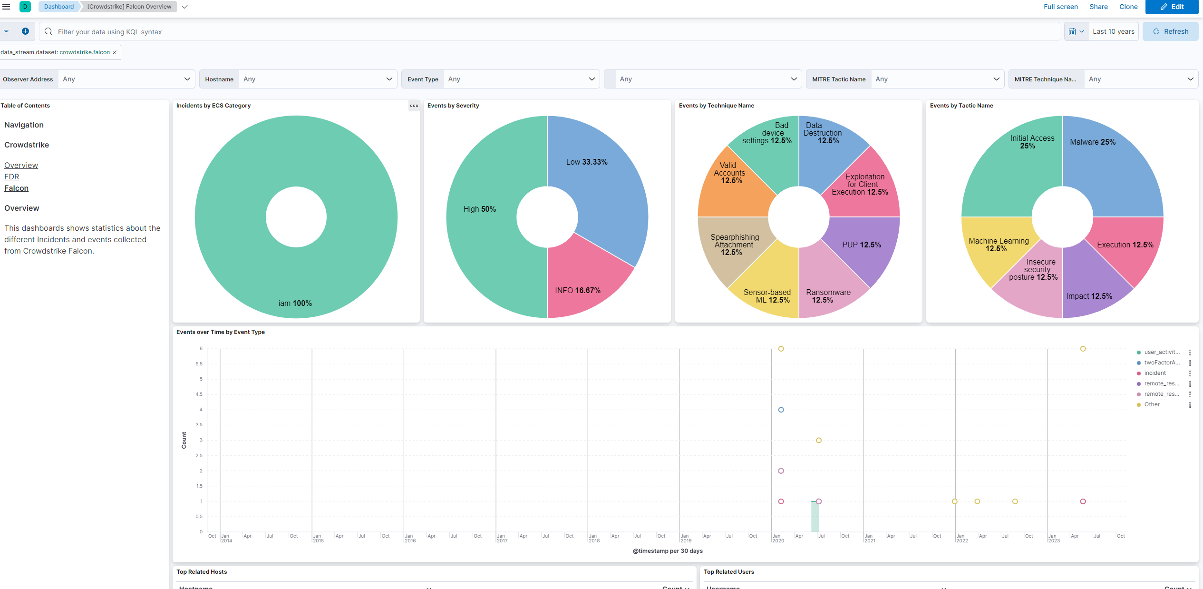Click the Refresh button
click(x=1170, y=31)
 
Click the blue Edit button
click(x=1172, y=7)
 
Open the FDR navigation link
click(x=12, y=177)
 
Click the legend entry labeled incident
click(x=1154, y=373)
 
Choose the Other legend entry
click(x=1152, y=404)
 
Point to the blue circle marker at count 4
click(x=781, y=410)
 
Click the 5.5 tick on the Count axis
click(x=199, y=364)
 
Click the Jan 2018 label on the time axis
click(x=593, y=538)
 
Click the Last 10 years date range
click(x=1113, y=31)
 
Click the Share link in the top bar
click(x=1098, y=7)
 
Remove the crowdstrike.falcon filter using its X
click(x=115, y=52)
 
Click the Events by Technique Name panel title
click(x=716, y=106)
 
